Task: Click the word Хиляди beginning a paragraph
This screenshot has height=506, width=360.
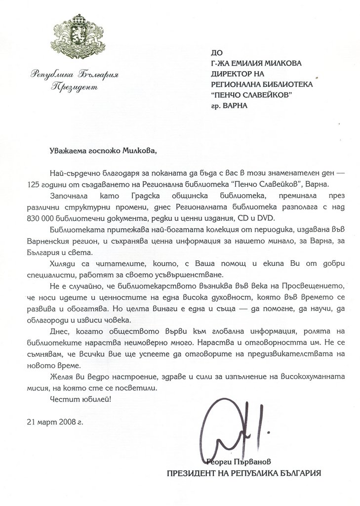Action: pos(62,262)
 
